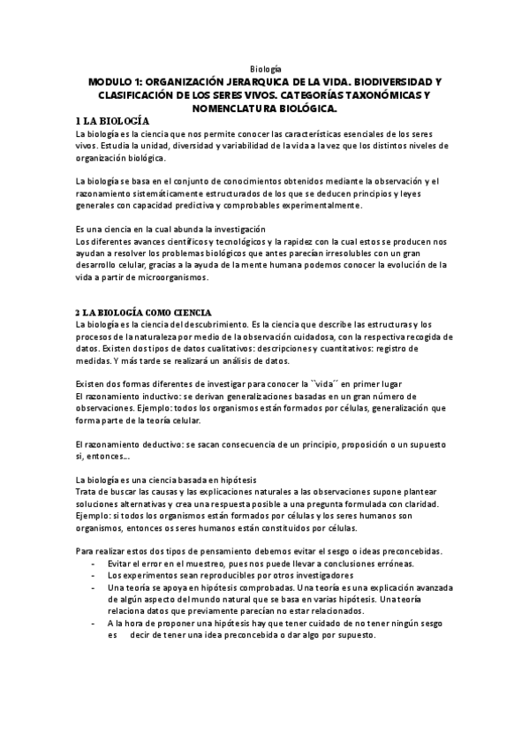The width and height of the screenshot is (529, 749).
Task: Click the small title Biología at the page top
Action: coord(265,68)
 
